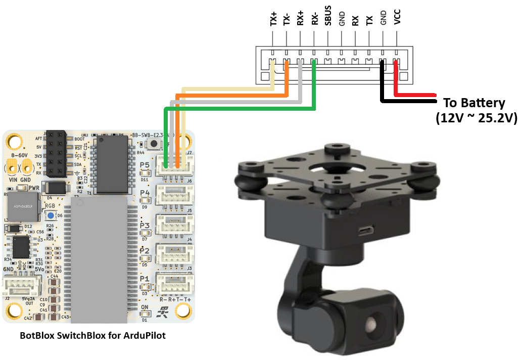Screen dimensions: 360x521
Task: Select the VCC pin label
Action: coord(397,19)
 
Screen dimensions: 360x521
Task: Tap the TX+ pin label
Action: coord(273,19)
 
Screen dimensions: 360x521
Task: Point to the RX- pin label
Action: coord(314,19)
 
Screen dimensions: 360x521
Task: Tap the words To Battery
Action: coord(474,103)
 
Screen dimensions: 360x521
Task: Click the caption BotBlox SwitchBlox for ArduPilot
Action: coord(92,335)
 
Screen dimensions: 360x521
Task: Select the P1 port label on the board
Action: coord(145,279)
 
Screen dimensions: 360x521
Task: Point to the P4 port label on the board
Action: coord(145,193)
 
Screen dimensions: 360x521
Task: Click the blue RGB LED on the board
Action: coord(52,215)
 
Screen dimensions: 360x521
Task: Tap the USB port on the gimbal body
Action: coord(364,231)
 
